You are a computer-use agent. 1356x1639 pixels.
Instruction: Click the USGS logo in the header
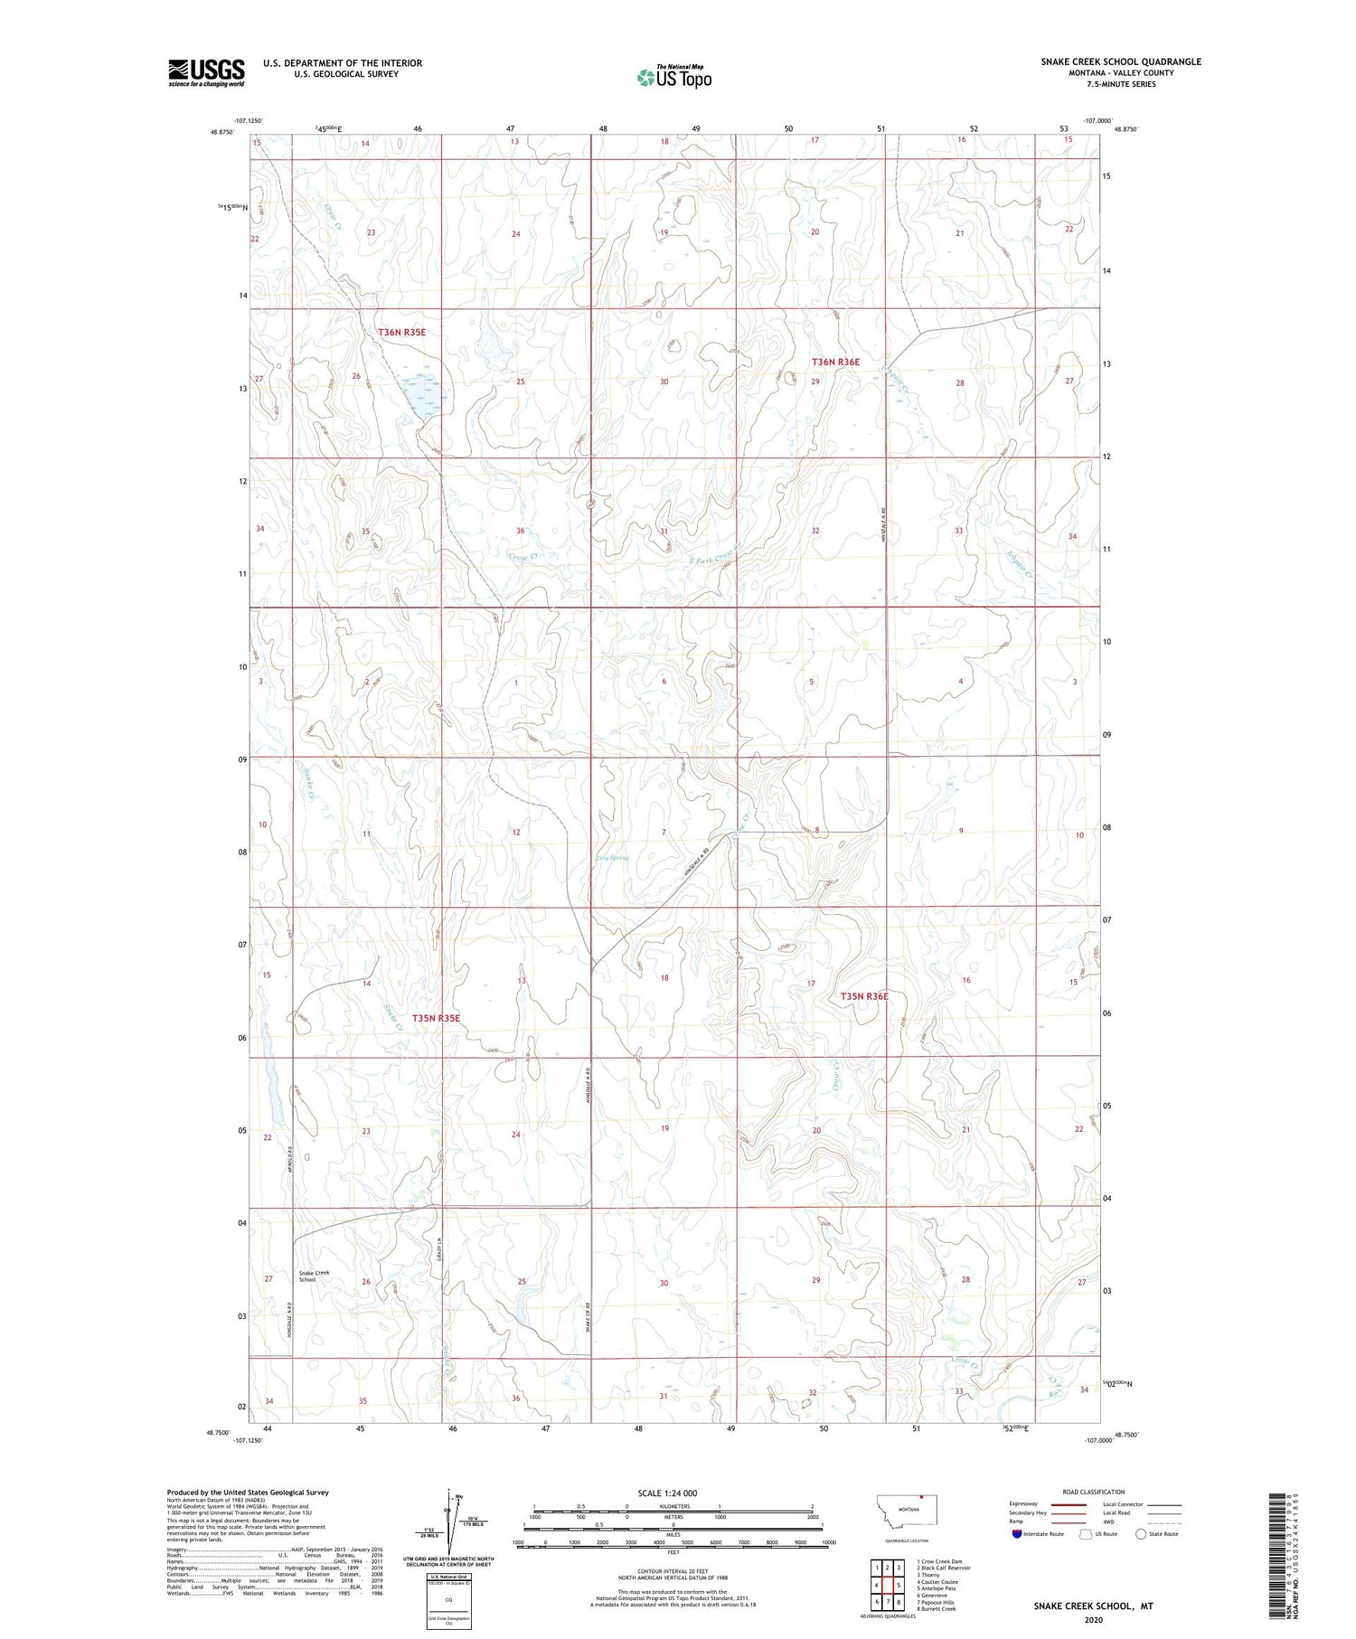click(x=206, y=72)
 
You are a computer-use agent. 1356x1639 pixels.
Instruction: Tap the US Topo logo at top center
click(x=673, y=78)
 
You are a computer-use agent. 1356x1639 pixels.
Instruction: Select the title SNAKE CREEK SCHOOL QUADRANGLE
click(x=1121, y=61)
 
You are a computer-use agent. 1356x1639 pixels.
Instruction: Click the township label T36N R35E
click(x=401, y=333)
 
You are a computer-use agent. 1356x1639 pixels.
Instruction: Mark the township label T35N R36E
click(x=864, y=996)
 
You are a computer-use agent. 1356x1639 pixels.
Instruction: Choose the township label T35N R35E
click(x=436, y=1018)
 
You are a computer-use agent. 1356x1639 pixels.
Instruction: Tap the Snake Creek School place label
click(x=314, y=1276)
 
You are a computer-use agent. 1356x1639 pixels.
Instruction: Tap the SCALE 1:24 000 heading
click(x=667, y=1493)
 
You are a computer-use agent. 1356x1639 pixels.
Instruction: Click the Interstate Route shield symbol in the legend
click(x=1017, y=1533)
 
